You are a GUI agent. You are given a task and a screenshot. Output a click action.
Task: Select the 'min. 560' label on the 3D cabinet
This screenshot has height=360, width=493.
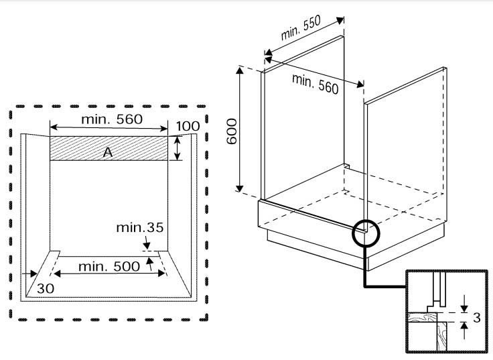coord(315,83)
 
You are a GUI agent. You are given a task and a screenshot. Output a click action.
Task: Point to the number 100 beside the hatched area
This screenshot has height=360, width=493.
coord(188,127)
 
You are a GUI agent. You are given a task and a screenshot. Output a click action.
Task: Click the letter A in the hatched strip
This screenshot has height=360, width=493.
coord(107,153)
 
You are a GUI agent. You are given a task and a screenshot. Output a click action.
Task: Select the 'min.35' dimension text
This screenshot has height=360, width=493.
coord(139,227)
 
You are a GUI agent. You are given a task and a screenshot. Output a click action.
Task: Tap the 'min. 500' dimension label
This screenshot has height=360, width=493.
coord(109,266)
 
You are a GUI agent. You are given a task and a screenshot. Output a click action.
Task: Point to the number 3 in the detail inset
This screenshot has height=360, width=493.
coord(477,318)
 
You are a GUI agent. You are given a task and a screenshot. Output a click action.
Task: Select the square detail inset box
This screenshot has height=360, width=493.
coord(445,311)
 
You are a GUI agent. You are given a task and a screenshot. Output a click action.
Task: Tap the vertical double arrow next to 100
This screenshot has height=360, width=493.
coord(178,148)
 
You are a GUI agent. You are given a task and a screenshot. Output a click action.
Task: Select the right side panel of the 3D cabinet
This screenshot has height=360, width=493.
coord(406,147)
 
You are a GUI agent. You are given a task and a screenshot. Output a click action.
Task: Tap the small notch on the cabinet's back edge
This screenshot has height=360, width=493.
coord(346,164)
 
